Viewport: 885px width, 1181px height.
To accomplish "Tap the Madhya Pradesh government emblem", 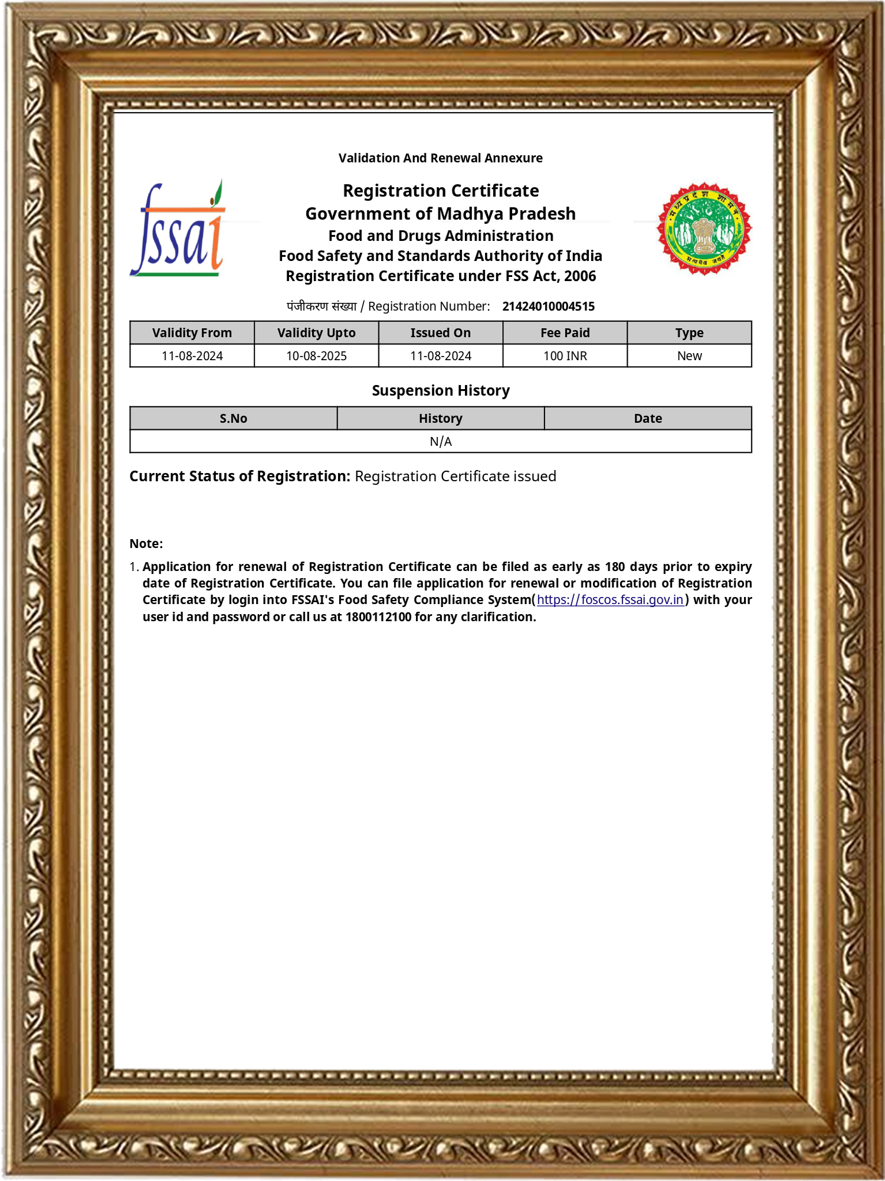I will pyautogui.click(x=704, y=229).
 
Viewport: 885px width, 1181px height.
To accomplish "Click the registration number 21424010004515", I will pyautogui.click(x=548, y=306).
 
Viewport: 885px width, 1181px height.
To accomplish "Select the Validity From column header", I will pyautogui.click(x=192, y=333).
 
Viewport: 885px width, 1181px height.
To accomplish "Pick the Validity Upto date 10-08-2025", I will pyautogui.click(x=316, y=356).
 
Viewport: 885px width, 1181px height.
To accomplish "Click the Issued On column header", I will pyautogui.click(x=441, y=333).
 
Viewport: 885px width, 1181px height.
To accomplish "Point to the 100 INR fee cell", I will pyautogui.click(x=565, y=356).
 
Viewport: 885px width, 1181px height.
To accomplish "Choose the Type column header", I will pyautogui.click(x=689, y=333).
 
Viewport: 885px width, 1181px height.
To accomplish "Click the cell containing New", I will pyautogui.click(x=689, y=356).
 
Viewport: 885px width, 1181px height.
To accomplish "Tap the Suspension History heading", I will pyautogui.click(x=441, y=391).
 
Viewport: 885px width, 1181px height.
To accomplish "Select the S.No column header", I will pyautogui.click(x=233, y=419).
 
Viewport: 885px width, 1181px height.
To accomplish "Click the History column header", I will pyautogui.click(x=441, y=419).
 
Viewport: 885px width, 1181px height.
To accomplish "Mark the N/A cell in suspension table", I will pyautogui.click(x=441, y=442).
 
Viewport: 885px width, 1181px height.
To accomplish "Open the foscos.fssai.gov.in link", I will pyautogui.click(x=610, y=600).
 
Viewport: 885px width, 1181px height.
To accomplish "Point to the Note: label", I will pyautogui.click(x=146, y=544).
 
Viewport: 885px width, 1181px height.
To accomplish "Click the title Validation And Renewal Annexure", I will pyautogui.click(x=441, y=158).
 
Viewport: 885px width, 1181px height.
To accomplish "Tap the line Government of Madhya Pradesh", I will pyautogui.click(x=441, y=214).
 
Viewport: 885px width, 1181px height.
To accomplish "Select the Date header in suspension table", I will pyautogui.click(x=648, y=419).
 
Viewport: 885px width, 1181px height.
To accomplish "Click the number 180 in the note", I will pyautogui.click(x=615, y=567).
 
